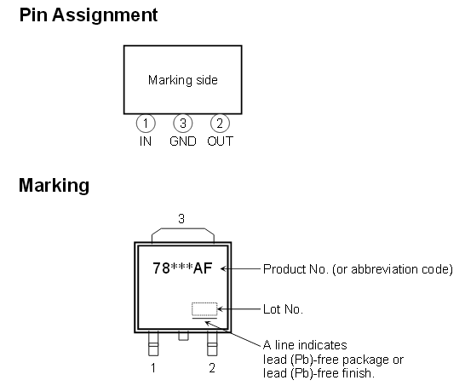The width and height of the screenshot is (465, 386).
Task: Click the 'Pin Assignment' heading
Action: pos(89,15)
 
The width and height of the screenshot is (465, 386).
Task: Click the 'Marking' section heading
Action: pos(54,186)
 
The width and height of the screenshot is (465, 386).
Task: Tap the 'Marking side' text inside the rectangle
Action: pos(182,80)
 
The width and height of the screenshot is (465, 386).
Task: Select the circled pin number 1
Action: pos(146,124)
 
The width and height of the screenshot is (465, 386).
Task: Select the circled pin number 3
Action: pos(182,124)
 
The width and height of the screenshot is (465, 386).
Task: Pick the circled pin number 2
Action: pos(220,124)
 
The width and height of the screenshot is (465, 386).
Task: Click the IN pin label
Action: pos(146,141)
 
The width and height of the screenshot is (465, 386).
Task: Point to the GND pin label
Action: pos(182,141)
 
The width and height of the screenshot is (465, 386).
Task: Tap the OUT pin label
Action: pos(220,141)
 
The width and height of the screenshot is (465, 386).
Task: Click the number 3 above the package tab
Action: pos(181,219)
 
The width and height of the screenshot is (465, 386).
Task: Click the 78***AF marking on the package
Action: pos(182,268)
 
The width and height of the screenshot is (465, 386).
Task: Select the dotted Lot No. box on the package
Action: pos(204,309)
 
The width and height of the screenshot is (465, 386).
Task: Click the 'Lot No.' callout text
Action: pos(283,309)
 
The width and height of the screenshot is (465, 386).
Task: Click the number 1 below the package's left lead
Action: pos(153,368)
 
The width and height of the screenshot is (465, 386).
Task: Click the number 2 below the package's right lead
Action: pos(212,368)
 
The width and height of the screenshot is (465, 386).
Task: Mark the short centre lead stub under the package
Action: pos(183,337)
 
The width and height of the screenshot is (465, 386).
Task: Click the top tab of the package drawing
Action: pos(182,228)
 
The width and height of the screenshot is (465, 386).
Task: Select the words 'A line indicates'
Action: pos(305,345)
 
